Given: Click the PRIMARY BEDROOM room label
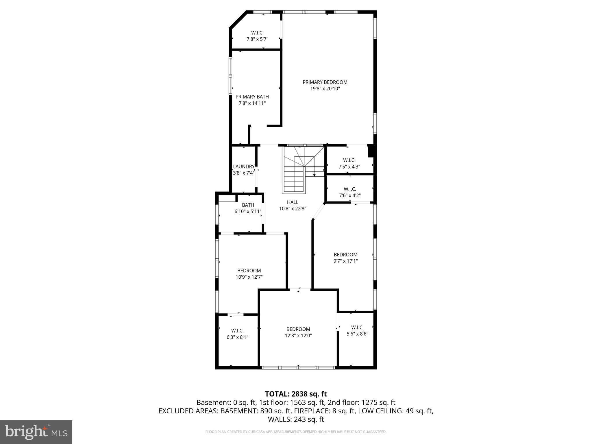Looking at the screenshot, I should (x=325, y=82).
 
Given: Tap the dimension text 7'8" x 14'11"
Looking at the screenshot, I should (x=252, y=103).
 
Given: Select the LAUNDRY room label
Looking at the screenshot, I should (x=244, y=166).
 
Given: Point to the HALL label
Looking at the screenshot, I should (x=293, y=202).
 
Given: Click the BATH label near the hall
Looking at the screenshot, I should (x=248, y=205).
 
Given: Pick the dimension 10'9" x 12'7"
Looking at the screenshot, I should (x=249, y=277).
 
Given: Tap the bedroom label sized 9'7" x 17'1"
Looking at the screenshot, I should (x=345, y=255).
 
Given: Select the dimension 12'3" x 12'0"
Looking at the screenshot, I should (x=298, y=336).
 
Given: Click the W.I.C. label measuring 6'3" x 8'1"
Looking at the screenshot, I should (x=237, y=331).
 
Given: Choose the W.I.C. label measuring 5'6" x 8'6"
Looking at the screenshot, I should (x=357, y=328).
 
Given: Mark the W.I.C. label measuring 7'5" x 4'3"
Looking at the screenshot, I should (x=349, y=160).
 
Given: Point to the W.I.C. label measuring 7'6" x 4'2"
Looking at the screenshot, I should (x=350, y=189).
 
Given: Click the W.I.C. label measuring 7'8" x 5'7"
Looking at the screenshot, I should (x=257, y=33).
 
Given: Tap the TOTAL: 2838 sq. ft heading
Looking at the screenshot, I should (x=296, y=394).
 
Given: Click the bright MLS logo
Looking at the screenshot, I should (x=36, y=432).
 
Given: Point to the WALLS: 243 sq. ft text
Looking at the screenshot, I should (x=296, y=419).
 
